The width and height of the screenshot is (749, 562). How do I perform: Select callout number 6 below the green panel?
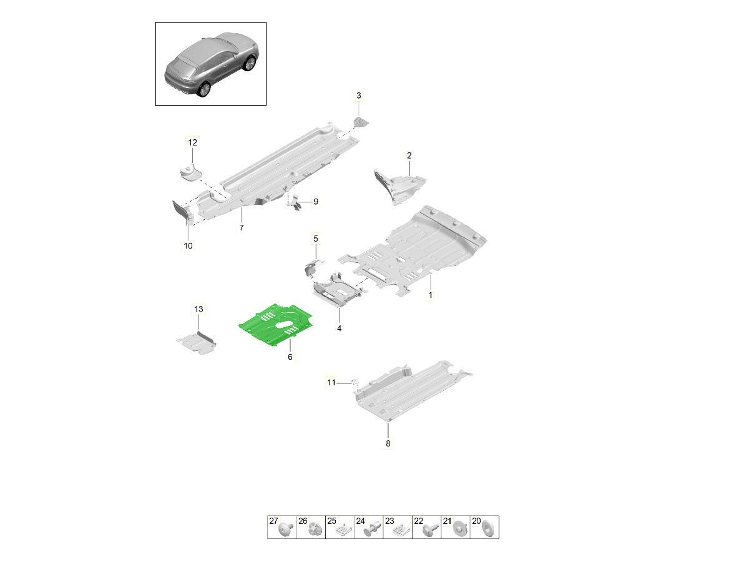tap(290, 357)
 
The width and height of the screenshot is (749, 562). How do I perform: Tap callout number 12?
tap(192, 142)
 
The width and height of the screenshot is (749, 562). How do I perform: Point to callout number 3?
tap(359, 96)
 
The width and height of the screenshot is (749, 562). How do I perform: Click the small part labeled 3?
tap(361, 122)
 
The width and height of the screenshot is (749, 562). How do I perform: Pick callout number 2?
tap(409, 155)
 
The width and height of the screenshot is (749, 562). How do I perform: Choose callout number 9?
tap(316, 202)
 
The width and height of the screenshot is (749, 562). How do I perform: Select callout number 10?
tap(188, 245)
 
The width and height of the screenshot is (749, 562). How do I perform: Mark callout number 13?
tap(198, 309)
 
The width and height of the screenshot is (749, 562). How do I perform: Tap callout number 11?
tap(331, 383)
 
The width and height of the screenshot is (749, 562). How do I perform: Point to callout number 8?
tap(388, 443)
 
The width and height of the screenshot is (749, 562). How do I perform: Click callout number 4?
tap(339, 328)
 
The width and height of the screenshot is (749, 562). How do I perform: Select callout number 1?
tap(430, 295)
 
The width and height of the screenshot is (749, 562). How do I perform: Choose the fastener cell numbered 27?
tap(282, 527)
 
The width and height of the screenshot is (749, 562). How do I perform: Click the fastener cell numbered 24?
tap(369, 527)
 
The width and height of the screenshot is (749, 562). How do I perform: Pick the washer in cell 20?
tap(487, 530)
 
